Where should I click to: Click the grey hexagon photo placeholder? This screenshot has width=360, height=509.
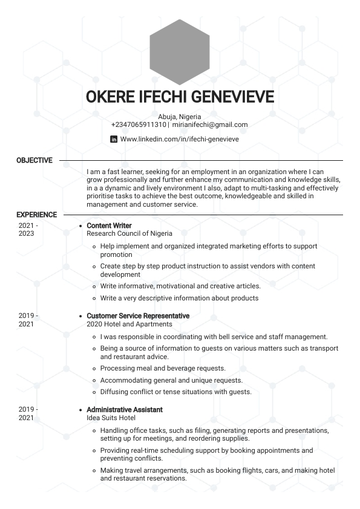(180, 52)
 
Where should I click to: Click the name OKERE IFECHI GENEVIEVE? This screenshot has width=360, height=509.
(180, 97)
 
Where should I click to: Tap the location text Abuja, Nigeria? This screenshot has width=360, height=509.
(180, 117)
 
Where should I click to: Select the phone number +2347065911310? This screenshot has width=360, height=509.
(139, 125)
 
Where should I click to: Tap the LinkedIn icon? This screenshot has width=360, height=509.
(114, 139)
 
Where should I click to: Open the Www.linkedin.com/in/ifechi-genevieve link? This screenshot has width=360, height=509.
(179, 139)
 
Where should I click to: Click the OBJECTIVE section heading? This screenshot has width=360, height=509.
(34, 160)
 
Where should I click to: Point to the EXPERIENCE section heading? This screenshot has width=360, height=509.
(37, 215)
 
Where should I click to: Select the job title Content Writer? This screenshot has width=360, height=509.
(109, 225)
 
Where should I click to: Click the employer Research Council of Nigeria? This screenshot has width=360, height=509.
(129, 233)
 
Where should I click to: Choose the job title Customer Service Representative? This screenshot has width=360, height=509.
(138, 316)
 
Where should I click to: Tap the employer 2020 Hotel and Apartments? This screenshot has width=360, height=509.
(129, 324)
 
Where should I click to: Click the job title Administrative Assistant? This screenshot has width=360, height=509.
(125, 409)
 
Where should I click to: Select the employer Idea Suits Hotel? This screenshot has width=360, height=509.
(111, 418)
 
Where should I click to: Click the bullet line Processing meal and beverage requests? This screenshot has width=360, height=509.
(163, 368)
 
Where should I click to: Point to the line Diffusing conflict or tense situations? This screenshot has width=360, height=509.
(175, 392)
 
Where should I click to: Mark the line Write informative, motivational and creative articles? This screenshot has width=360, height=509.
(180, 286)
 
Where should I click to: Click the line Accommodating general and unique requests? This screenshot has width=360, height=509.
(171, 380)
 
